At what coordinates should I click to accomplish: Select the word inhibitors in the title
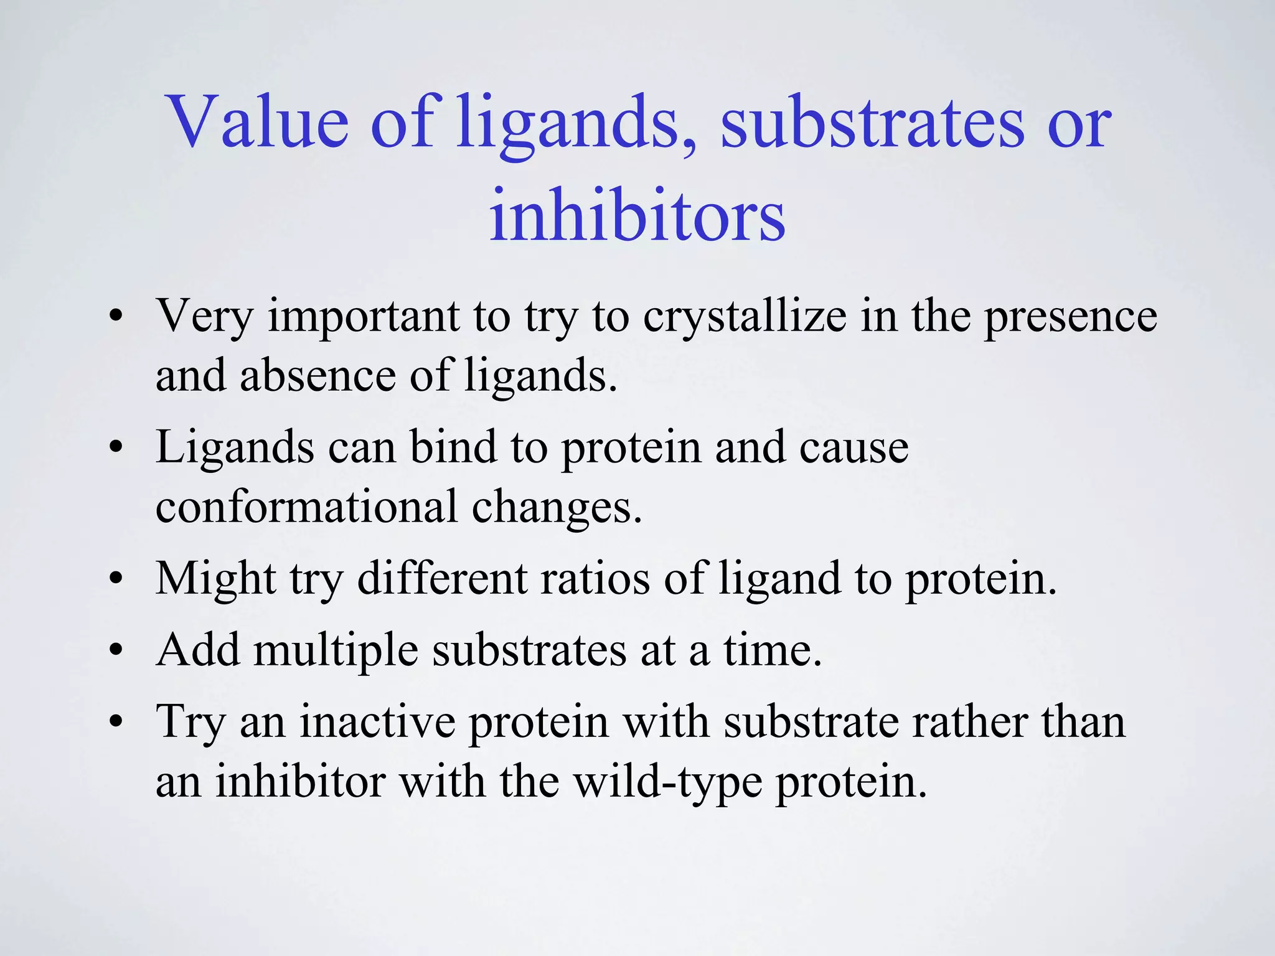[x=637, y=215]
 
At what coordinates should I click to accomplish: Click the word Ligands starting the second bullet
[x=235, y=448]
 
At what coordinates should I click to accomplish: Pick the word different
[x=442, y=579]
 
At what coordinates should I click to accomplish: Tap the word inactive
[x=378, y=722]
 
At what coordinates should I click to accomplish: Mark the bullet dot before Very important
[x=116, y=317]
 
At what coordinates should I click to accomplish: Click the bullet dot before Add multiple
[x=116, y=650]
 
